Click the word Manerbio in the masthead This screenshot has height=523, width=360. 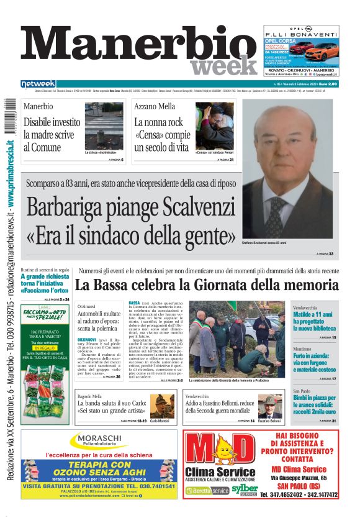pyautogui.click(x=137, y=48)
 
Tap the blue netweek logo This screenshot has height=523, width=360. pyautogui.click(x=38, y=84)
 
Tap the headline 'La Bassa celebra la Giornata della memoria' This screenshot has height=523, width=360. pyautogui.click(x=207, y=285)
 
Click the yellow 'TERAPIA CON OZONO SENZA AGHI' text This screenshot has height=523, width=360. pyautogui.click(x=99, y=470)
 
